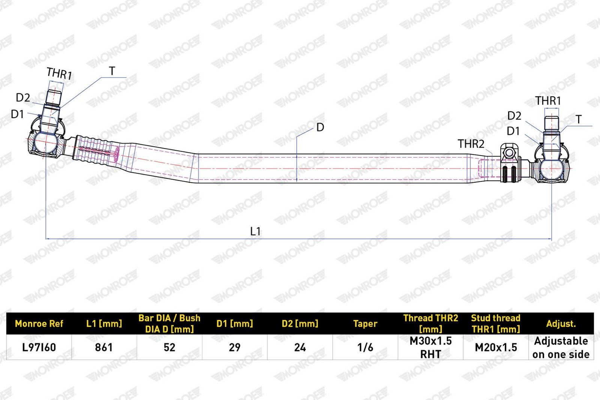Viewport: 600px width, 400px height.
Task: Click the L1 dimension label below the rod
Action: click(255, 231)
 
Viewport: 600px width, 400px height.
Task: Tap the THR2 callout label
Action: click(471, 144)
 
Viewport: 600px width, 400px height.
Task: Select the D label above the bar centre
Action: click(320, 127)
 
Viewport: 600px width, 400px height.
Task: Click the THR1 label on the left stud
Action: click(59, 73)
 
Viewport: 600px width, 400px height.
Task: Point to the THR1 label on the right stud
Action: click(548, 101)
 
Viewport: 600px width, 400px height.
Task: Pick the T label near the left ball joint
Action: click(112, 71)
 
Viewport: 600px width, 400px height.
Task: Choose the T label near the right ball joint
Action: click(579, 120)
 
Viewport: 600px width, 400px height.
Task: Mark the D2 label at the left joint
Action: click(23, 98)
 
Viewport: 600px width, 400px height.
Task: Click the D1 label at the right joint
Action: click(513, 131)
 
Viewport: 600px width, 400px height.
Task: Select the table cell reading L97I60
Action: click(39, 348)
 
